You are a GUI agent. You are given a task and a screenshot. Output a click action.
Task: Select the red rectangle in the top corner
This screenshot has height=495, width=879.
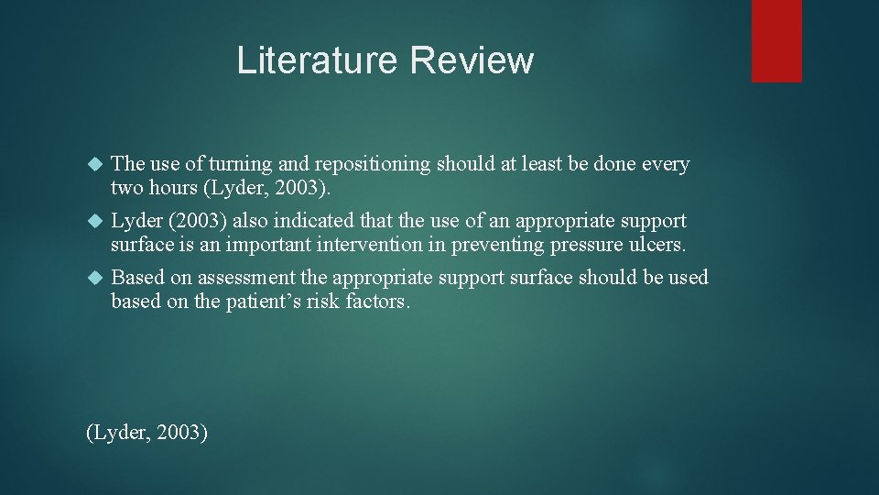pyautogui.click(x=776, y=40)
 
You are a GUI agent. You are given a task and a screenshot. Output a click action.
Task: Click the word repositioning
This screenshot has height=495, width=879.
pyautogui.click(x=372, y=165)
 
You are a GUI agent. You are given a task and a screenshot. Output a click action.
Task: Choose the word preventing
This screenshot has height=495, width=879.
pyautogui.click(x=487, y=246)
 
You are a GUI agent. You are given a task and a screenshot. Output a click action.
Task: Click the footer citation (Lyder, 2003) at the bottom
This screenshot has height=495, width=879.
pyautogui.click(x=146, y=433)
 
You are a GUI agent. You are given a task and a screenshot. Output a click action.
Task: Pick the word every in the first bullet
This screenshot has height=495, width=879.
pyautogui.click(x=665, y=165)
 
